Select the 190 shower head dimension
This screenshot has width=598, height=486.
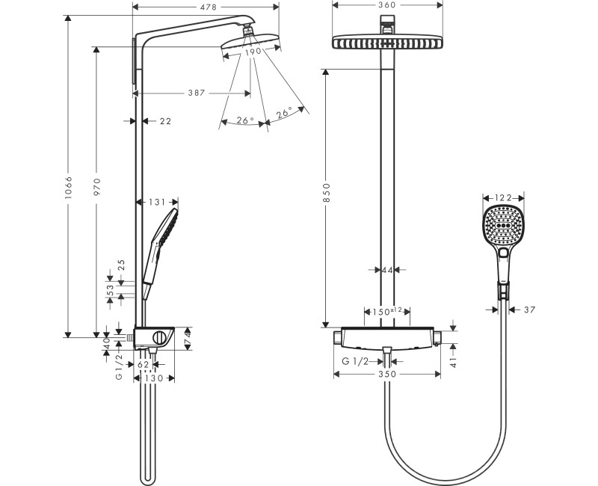pyautogui.click(x=253, y=52)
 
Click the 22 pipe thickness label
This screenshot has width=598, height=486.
pyautogui.click(x=165, y=120)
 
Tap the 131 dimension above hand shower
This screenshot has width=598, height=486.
pyautogui.click(x=157, y=202)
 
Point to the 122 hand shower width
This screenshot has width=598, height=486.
pyautogui.click(x=503, y=197)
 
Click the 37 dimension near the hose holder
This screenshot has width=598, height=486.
pyautogui.click(x=529, y=309)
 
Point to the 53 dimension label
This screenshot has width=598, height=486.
pyautogui.click(x=109, y=289)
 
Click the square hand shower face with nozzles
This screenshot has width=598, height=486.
pyautogui.click(x=503, y=224)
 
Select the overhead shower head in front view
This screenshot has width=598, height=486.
pyautogui.click(x=386, y=43)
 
